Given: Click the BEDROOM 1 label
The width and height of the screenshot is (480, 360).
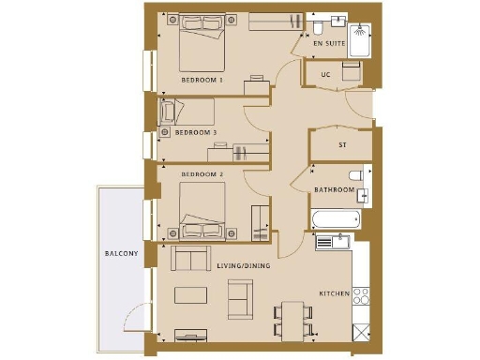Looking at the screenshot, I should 202,81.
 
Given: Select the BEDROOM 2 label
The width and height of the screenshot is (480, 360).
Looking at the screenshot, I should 202,175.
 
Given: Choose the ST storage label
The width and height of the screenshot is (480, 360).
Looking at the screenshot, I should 342,145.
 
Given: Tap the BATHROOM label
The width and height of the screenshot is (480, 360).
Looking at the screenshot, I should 335,190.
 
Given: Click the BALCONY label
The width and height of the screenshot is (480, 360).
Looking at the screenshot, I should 122,254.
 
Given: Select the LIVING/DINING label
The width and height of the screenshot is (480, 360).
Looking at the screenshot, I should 245,267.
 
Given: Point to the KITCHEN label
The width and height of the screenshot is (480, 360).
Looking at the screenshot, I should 334,293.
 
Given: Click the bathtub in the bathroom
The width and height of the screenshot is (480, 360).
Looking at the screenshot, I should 336,218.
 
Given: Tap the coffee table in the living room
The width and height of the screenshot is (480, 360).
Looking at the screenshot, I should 191,295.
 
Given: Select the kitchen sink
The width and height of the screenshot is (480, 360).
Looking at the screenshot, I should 332,241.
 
